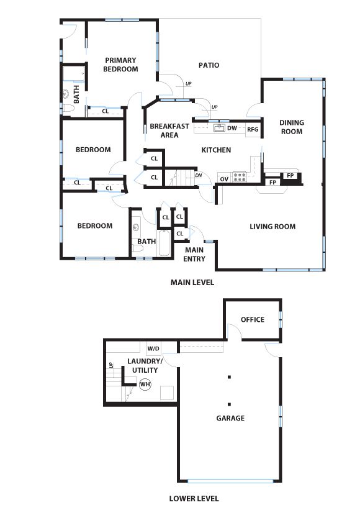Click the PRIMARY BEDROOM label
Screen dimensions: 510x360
(x=120, y=65)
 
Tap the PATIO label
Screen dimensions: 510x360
(x=209, y=65)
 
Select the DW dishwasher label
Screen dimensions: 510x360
(x=232, y=129)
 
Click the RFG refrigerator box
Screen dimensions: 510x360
(x=252, y=129)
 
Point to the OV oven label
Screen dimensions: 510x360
(x=225, y=179)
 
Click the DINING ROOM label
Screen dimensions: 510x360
(x=291, y=127)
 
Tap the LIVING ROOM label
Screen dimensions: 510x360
(x=272, y=227)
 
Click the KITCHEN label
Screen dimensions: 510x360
(x=216, y=150)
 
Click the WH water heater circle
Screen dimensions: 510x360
(x=145, y=385)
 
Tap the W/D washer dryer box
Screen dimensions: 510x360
(x=154, y=348)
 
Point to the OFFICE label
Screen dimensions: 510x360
(x=253, y=320)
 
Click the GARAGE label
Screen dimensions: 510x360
(x=230, y=418)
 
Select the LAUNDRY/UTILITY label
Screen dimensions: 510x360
(x=145, y=365)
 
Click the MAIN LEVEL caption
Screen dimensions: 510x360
(x=192, y=282)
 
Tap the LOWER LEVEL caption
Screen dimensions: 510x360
(x=194, y=498)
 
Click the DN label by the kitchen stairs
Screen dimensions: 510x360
(x=199, y=175)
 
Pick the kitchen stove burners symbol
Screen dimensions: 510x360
(x=240, y=176)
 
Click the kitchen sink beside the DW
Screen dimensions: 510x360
(x=218, y=128)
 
